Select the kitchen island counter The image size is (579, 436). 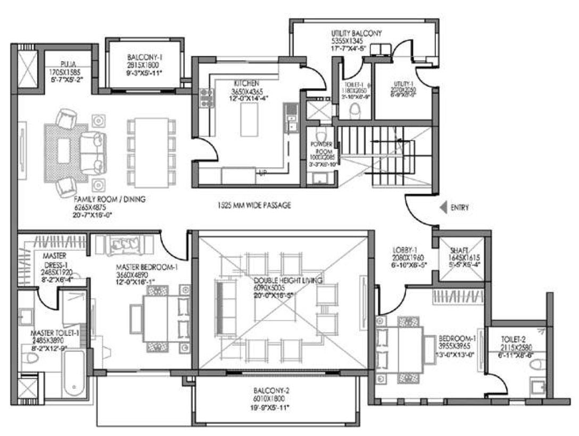(249, 120)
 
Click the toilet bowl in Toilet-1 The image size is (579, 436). (356, 110)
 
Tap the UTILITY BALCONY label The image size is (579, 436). (355, 34)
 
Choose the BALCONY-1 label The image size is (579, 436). (141, 57)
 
